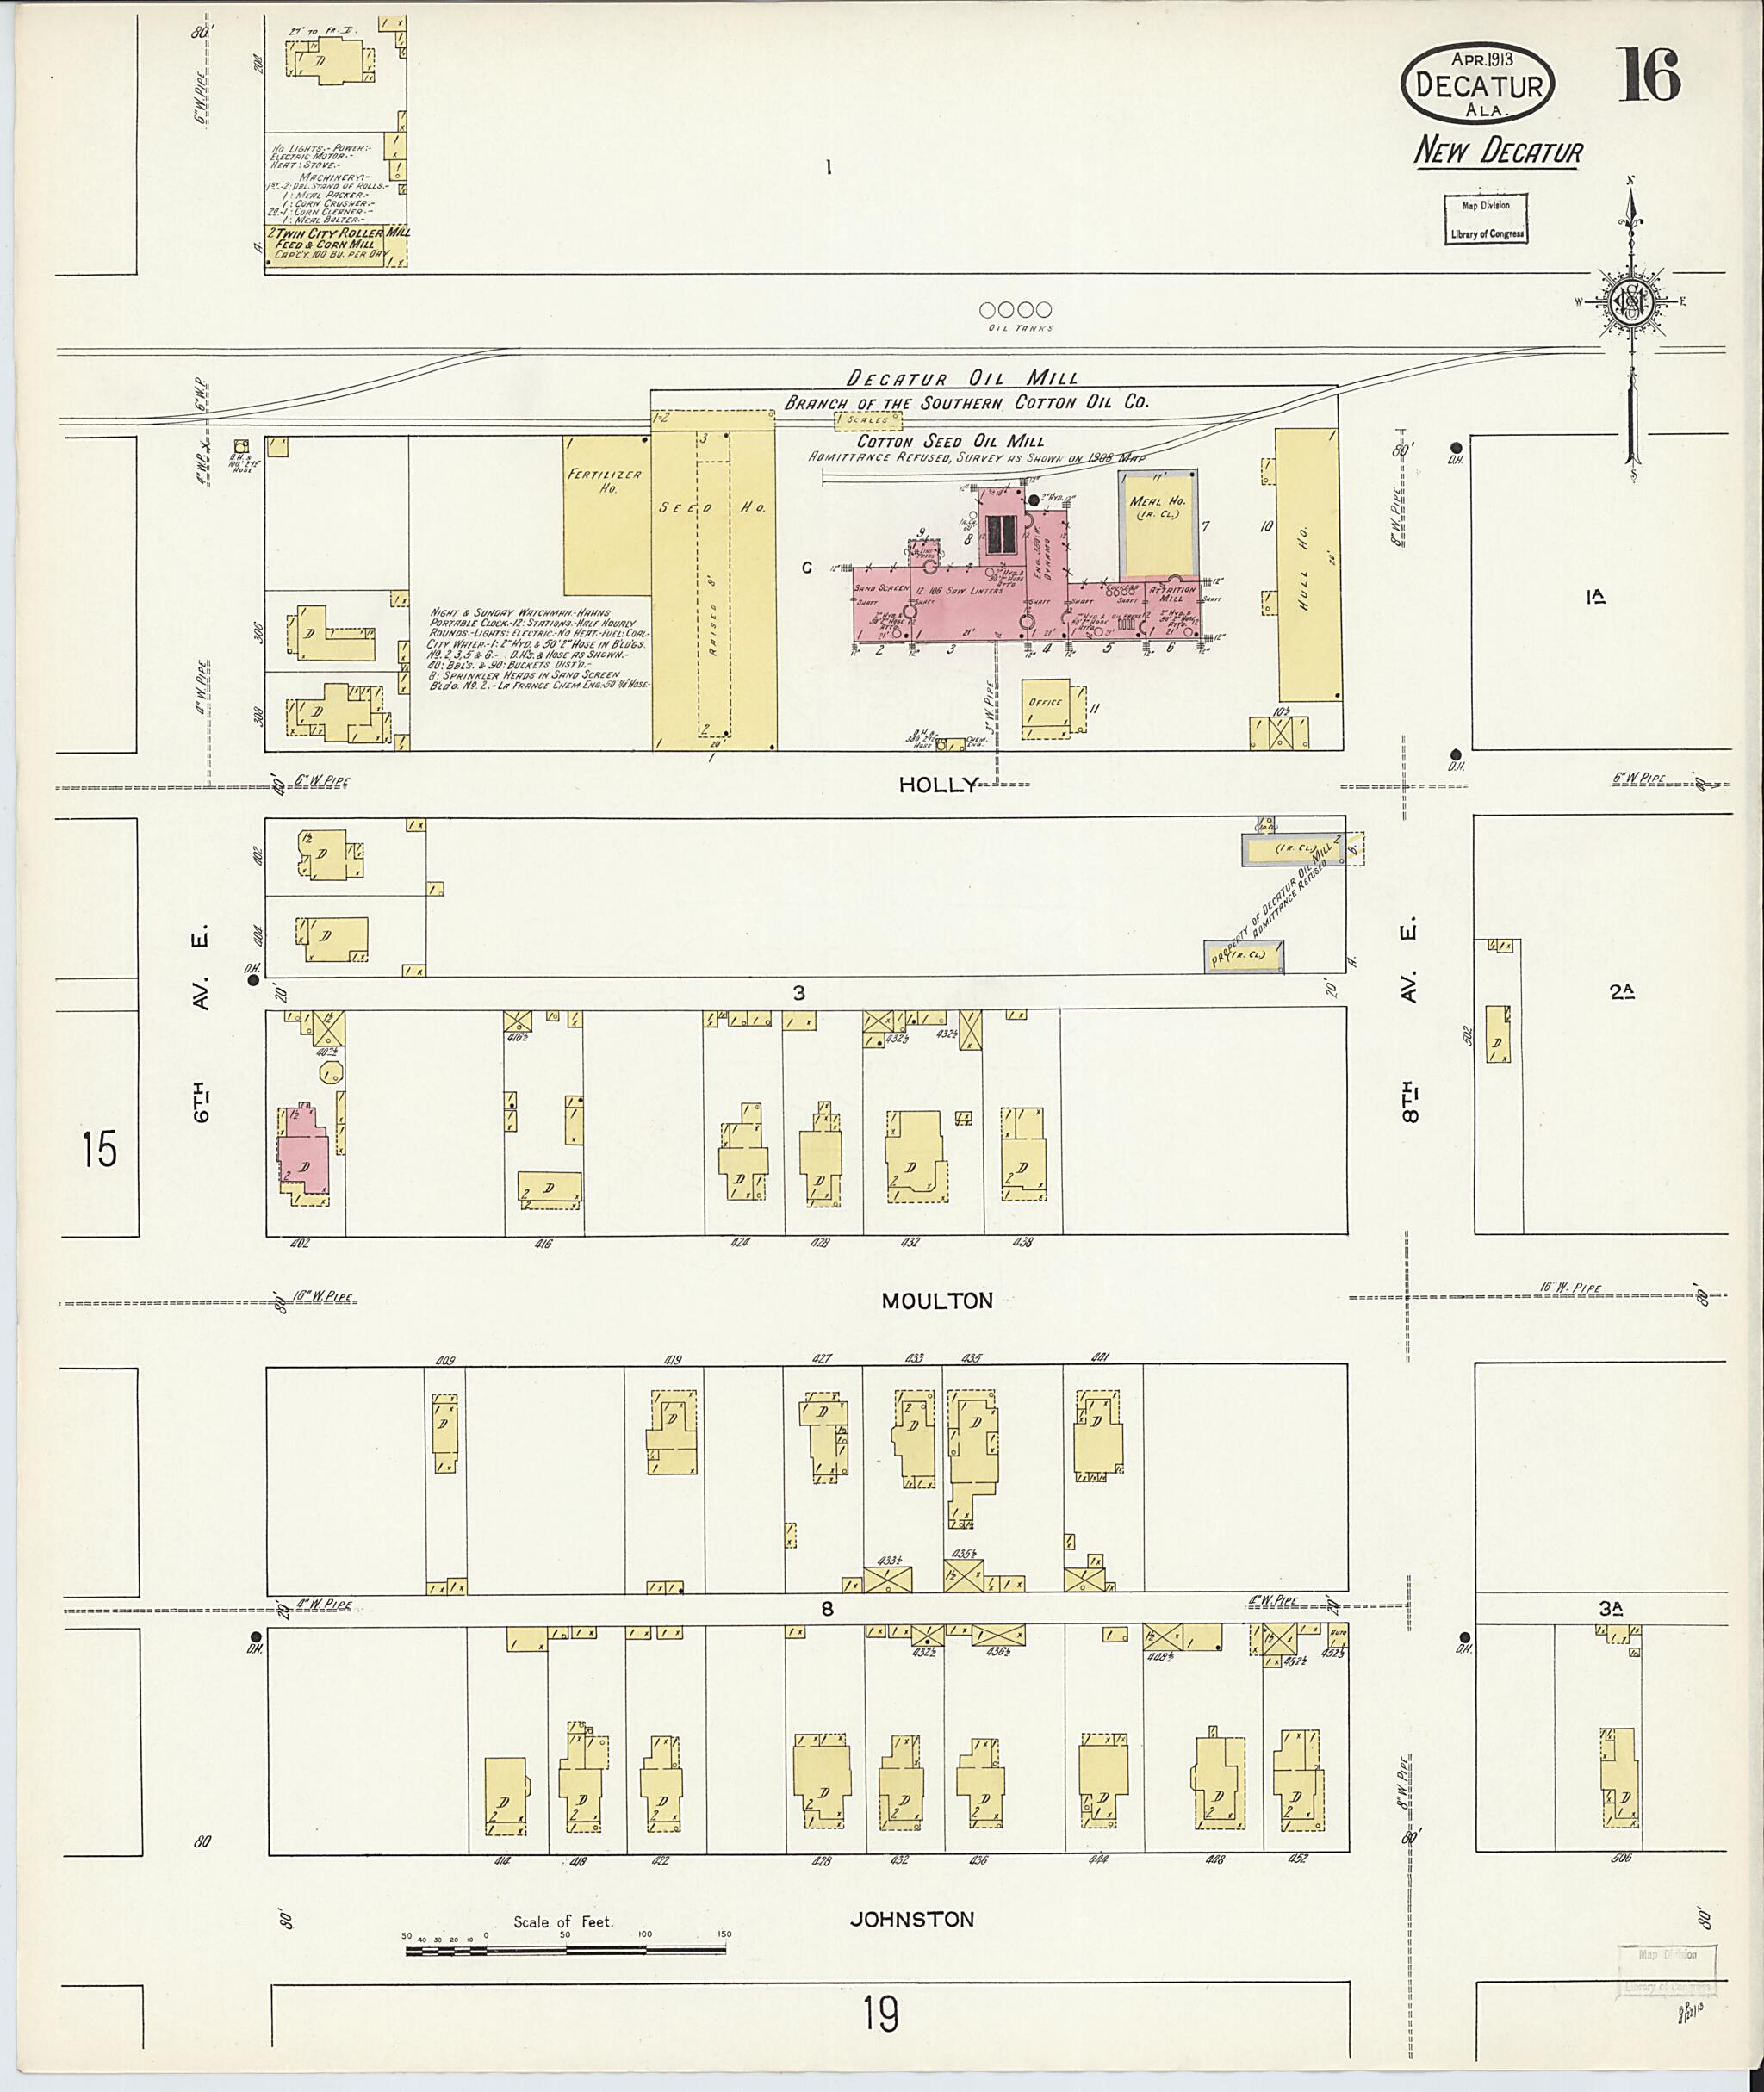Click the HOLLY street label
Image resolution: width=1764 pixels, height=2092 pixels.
tap(936, 785)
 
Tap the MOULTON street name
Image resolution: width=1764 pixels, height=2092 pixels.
tap(936, 1301)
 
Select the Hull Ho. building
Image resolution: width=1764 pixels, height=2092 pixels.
tap(1308, 565)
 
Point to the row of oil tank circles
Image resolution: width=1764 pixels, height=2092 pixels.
tap(1016, 310)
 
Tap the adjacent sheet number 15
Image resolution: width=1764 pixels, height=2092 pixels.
tap(99, 1149)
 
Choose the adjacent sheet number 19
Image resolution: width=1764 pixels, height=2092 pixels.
tap(881, 2013)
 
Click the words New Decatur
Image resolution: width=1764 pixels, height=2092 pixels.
tap(1497, 152)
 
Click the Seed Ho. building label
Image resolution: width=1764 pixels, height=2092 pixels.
tap(712, 508)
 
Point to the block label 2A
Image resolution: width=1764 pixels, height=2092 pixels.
tap(1621, 991)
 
